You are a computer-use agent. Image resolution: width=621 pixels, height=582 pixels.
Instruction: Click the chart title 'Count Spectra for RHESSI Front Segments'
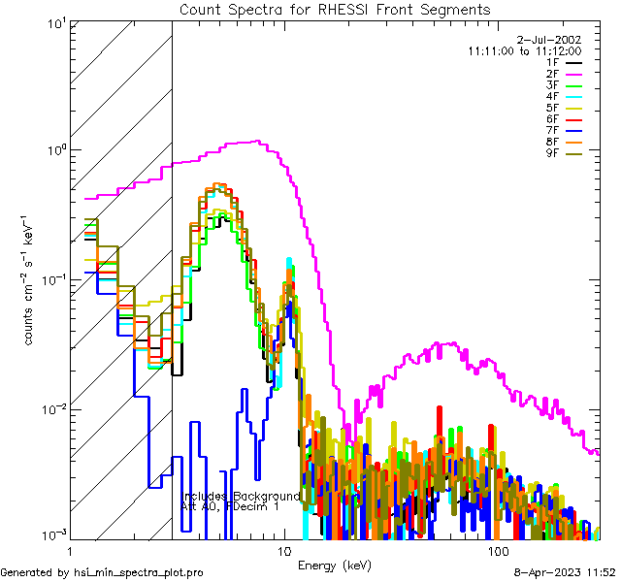pyautogui.click(x=335, y=10)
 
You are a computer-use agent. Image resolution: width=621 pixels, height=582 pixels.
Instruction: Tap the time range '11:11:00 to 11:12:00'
pyautogui.click(x=524, y=50)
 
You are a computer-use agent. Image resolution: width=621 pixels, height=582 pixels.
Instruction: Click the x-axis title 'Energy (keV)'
pyautogui.click(x=334, y=565)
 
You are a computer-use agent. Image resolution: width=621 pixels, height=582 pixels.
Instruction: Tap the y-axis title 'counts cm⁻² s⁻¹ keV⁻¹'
pyautogui.click(x=31, y=279)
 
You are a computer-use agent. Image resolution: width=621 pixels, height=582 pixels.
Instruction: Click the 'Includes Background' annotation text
pyautogui.click(x=241, y=496)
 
